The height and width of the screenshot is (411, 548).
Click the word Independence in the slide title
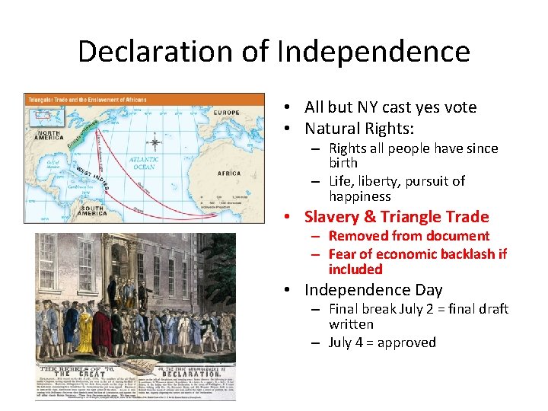pos(374,52)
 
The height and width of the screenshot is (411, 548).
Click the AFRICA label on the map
pos(229,173)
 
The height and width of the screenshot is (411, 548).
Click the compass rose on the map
pos(155,142)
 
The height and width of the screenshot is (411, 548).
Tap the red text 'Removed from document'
pos(409,236)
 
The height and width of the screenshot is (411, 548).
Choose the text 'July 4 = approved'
pos(382,342)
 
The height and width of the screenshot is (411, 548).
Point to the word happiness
pos(360,196)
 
